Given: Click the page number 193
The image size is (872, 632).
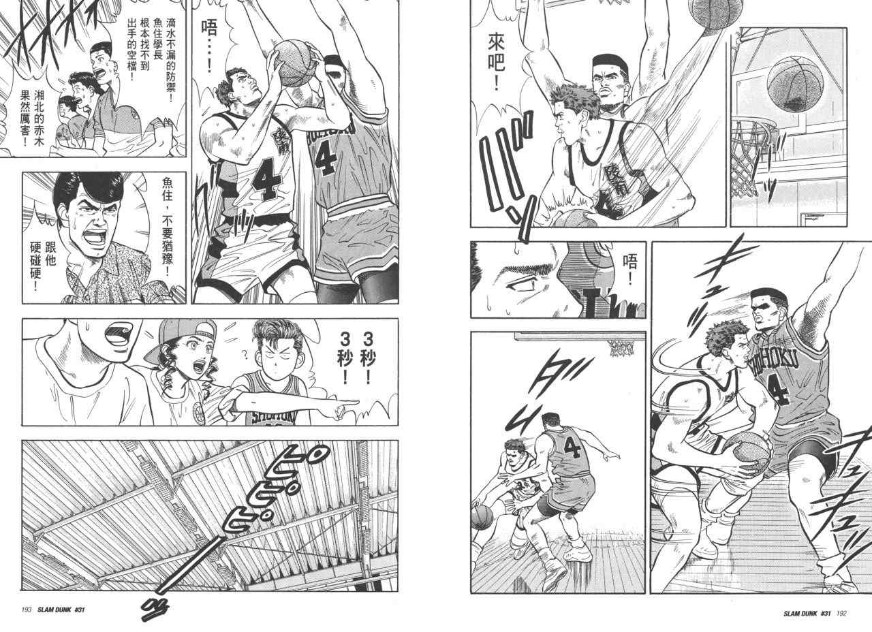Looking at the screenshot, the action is pos(26,610).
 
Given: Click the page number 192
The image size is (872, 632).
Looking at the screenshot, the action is pos(841,614).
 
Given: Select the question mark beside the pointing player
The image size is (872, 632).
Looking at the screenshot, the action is pos(245,353).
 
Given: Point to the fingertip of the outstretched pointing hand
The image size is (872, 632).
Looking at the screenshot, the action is pos(356,402).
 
